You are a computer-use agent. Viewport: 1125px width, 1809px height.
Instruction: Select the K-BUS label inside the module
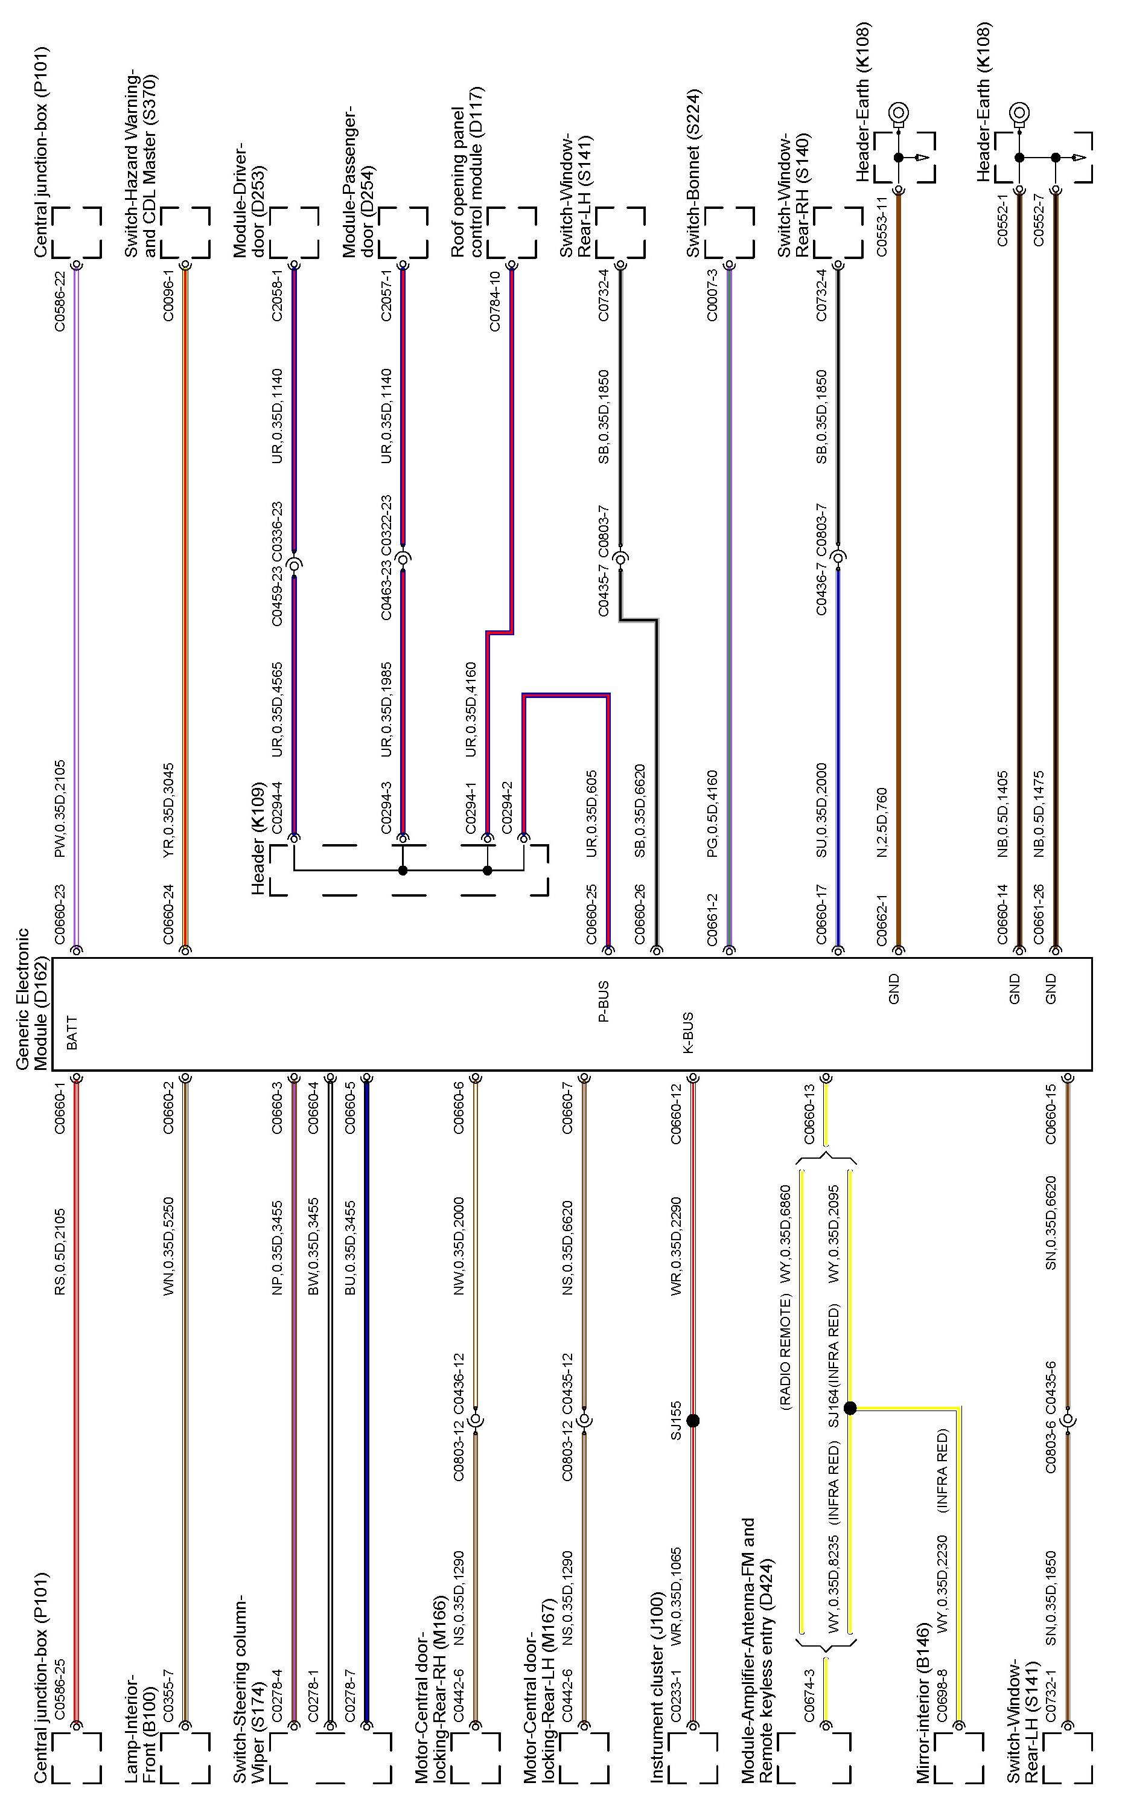coord(687,1032)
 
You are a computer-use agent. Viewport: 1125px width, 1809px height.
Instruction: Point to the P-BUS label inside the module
coord(604,1001)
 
